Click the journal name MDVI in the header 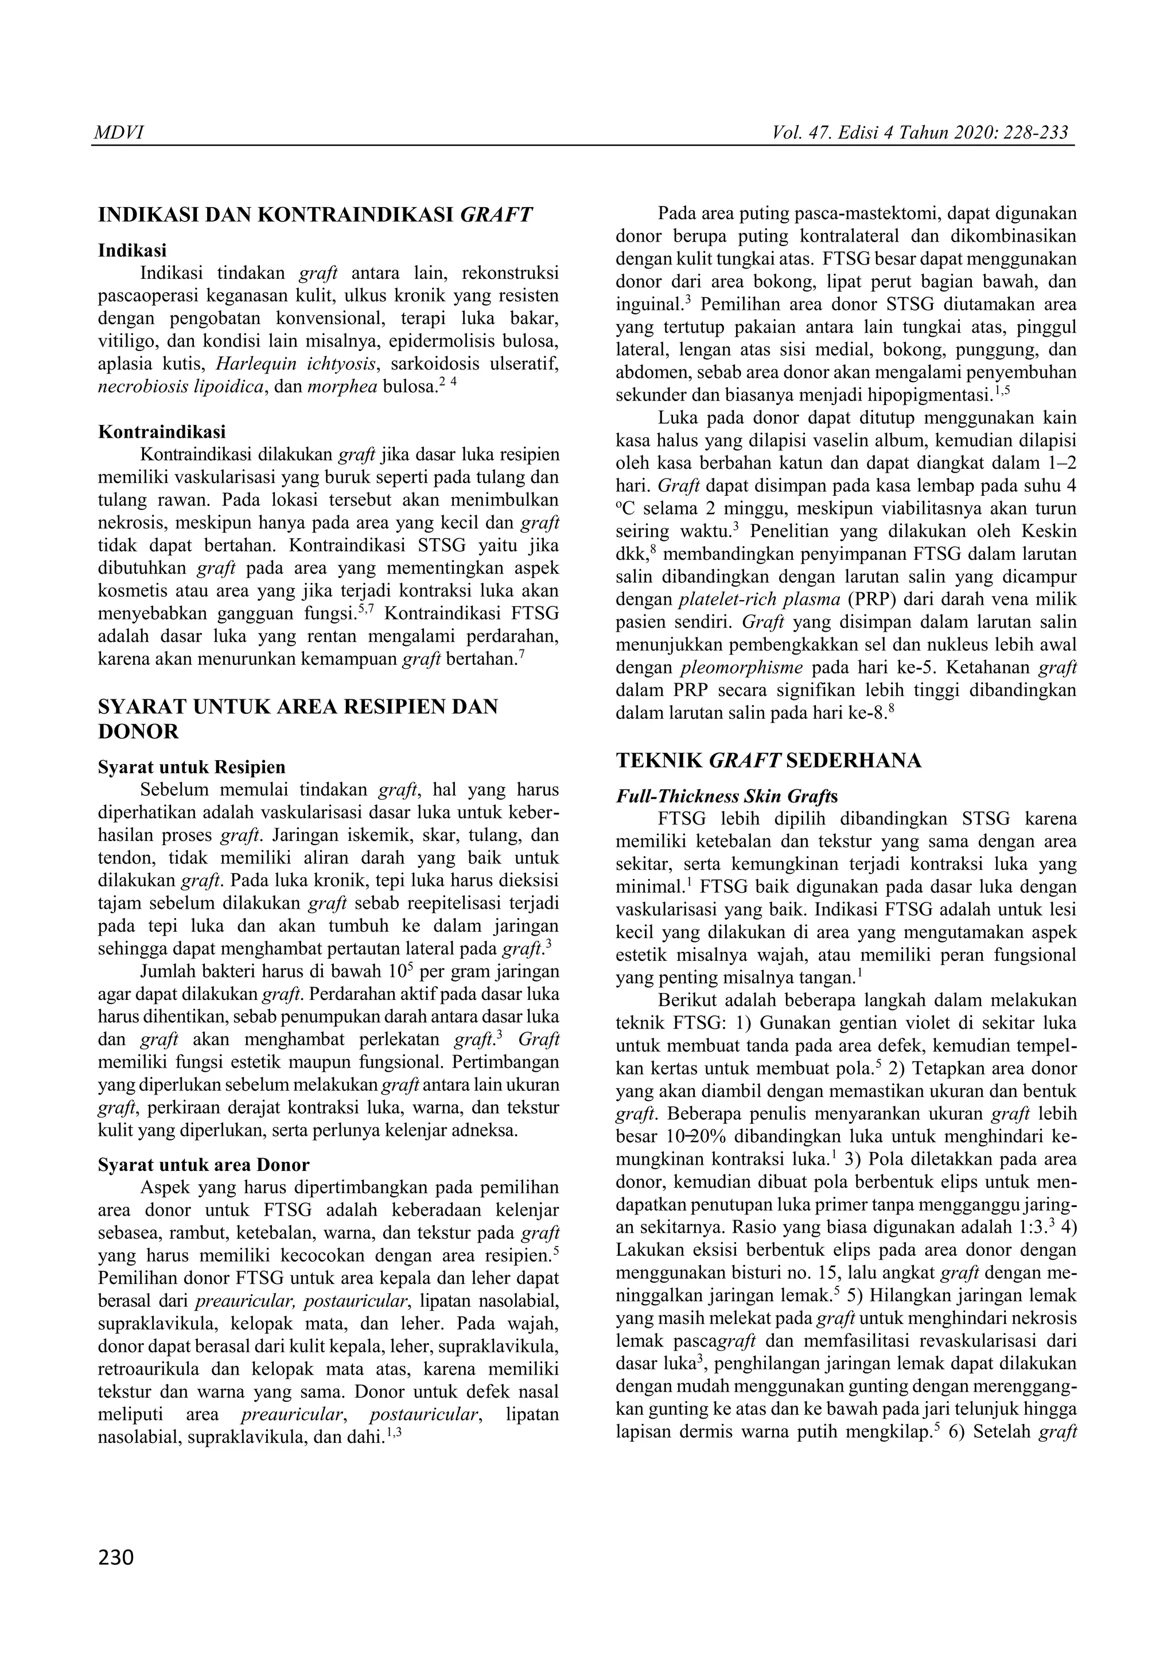119,133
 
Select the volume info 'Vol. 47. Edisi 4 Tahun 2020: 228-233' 920,133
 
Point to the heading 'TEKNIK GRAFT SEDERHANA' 768,760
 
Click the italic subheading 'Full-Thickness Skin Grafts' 726,796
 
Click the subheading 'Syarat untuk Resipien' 191,766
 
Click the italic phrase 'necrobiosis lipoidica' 180,387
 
